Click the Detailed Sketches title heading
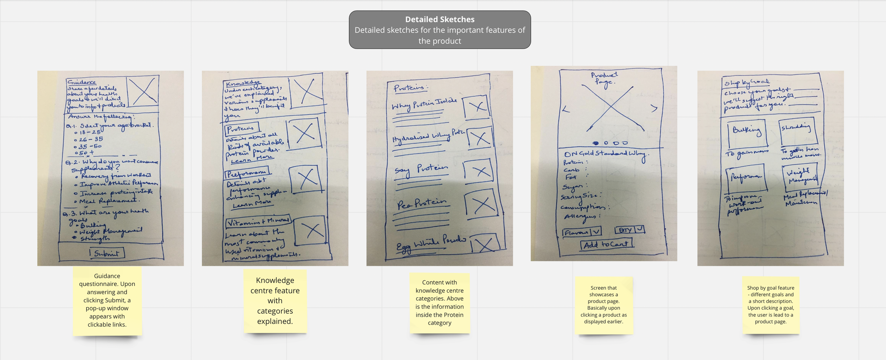[x=439, y=19]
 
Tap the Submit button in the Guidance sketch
[x=107, y=253]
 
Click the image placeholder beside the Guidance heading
[x=143, y=91]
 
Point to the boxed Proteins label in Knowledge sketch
[x=242, y=129]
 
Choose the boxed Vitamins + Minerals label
[x=258, y=222]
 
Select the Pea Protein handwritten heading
[x=422, y=204]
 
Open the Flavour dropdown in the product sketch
[x=582, y=232]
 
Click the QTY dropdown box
[x=629, y=230]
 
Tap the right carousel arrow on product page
[x=654, y=108]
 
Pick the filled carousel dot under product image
[x=596, y=143]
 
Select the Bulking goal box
[x=746, y=134]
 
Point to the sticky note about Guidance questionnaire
[x=107, y=300]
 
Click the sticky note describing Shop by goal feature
[x=770, y=305]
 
